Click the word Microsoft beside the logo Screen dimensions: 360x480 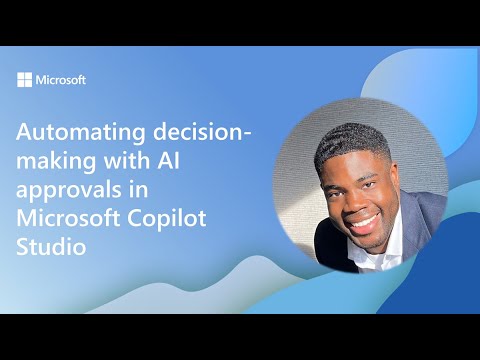[60, 80]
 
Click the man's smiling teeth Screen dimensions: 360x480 [363, 220]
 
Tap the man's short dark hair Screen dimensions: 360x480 [350, 140]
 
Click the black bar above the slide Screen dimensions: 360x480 [240, 22]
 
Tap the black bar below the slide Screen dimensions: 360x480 [240, 337]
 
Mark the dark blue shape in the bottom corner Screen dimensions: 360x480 [445, 290]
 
